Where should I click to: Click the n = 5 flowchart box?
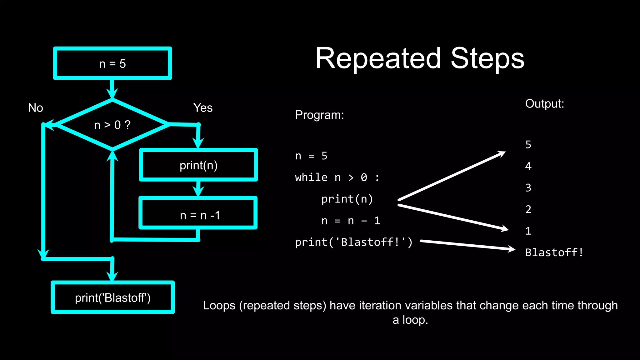click(112, 63)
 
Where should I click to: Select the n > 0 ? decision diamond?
click(112, 125)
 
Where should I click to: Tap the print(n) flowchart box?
click(198, 165)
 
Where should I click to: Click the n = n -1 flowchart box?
click(198, 215)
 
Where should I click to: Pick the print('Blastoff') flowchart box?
click(112, 297)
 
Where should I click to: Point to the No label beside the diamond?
click(36, 108)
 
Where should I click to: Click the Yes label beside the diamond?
click(203, 108)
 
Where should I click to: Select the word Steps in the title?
click(487, 59)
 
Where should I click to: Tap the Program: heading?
click(319, 115)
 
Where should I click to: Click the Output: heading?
click(544, 104)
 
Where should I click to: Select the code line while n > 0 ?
click(337, 177)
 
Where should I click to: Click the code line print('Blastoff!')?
click(354, 242)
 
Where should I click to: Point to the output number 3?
click(528, 188)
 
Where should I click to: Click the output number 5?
click(528, 145)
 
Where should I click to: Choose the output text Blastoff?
click(554, 252)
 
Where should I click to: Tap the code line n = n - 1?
click(351, 221)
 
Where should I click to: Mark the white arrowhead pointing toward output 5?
click(501, 154)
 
